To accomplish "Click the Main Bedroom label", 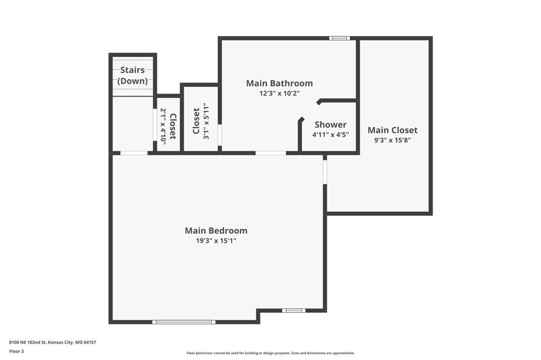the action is pos(216,230).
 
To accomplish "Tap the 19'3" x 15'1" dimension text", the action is pos(216,241).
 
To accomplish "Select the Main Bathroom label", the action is pos(279,83).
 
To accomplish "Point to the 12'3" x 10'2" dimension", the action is pos(279,93).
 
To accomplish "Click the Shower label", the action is pos(331,125).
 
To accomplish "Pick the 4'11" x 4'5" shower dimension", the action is pos(331,135).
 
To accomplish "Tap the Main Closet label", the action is pos(393,130).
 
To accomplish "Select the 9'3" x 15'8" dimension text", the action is pos(393,140).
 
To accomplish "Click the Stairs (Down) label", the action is pos(133,75).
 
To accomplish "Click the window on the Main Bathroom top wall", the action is pos(339,38).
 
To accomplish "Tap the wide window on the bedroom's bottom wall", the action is pos(184,322).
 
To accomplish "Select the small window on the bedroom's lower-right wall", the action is pos(294,310).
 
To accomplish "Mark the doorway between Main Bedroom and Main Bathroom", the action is pos(271,153).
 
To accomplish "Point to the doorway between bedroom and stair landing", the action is pos(134,153).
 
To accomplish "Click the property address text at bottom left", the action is pos(52,343).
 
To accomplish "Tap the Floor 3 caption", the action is pos(16,352).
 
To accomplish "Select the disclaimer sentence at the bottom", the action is pos(270,353).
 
